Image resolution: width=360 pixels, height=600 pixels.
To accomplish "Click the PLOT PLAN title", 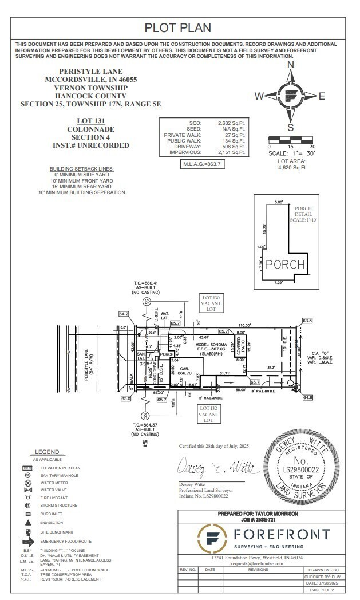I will (177, 27).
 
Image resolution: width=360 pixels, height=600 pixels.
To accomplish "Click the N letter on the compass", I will (290, 65).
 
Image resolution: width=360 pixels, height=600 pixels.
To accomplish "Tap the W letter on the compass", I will (259, 96).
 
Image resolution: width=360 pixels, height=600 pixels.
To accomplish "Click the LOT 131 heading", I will (91, 121).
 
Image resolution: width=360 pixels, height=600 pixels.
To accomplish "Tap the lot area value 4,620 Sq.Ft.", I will (292, 168).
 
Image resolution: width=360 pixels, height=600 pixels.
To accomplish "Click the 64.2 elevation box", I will (124, 314).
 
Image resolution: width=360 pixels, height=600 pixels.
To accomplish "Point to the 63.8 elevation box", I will (307, 320).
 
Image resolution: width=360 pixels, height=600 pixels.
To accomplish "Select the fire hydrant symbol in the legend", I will (27, 498).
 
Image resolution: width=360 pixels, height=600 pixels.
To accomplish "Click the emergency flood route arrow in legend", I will (28, 541).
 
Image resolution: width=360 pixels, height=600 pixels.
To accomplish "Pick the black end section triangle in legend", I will (27, 522).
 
